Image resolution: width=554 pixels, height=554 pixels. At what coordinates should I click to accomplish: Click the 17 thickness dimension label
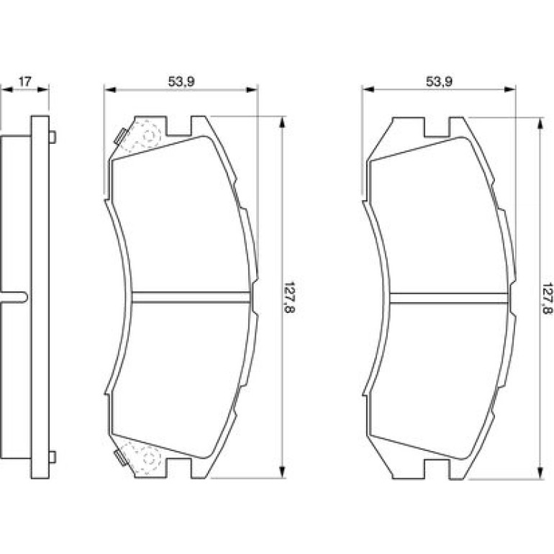click(24, 81)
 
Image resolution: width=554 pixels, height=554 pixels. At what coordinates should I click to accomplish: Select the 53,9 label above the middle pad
click(181, 81)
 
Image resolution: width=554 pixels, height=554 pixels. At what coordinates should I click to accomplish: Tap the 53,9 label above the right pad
click(439, 81)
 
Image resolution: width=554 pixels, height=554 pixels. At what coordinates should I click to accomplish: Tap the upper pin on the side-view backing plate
click(52, 137)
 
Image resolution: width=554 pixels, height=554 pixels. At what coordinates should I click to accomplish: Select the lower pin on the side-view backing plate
click(52, 457)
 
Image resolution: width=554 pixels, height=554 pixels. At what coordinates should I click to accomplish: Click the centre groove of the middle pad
click(192, 297)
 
